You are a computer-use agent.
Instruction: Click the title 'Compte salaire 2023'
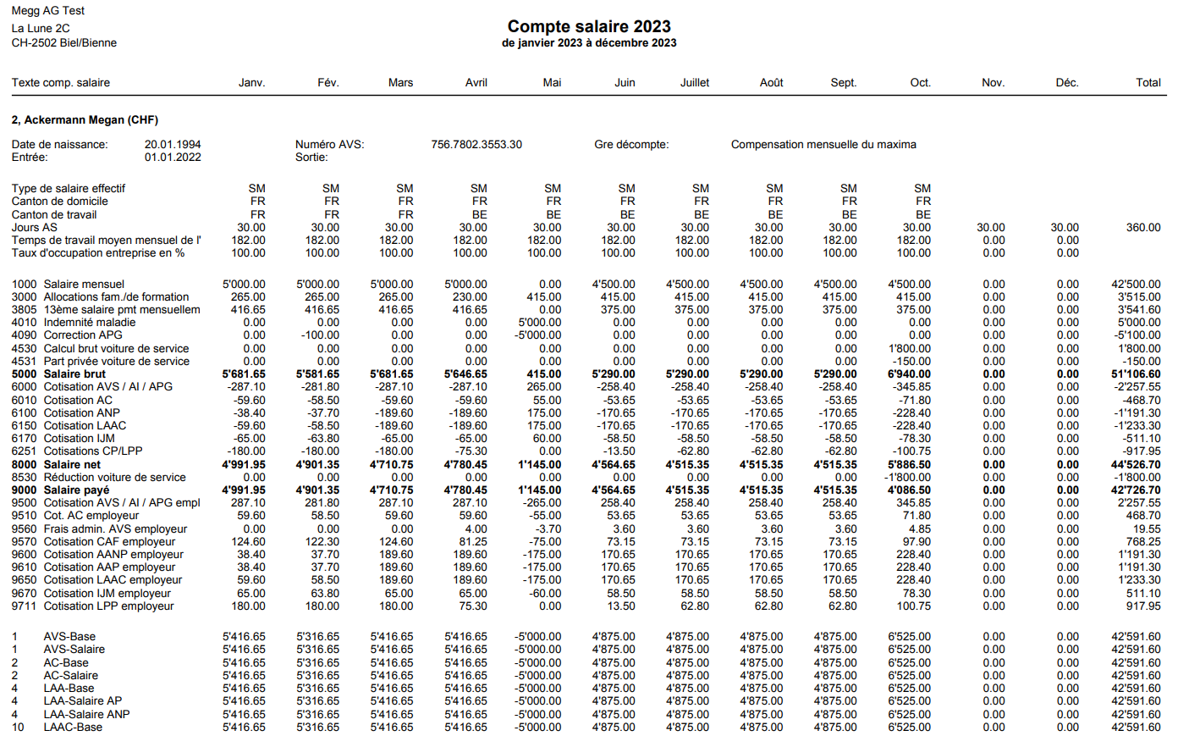click(589, 26)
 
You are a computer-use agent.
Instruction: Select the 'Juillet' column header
click(695, 83)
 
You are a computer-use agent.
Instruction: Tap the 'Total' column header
click(1148, 83)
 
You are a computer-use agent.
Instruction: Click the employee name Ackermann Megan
click(85, 120)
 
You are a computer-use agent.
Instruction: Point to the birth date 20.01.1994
click(173, 145)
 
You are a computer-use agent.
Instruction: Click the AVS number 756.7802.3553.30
click(476, 145)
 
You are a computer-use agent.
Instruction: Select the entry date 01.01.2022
click(173, 158)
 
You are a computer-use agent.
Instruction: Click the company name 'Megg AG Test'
click(48, 11)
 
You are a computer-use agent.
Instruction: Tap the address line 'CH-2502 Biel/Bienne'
click(64, 43)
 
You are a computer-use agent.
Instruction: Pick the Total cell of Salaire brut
click(1136, 374)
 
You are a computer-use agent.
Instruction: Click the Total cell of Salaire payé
click(1136, 490)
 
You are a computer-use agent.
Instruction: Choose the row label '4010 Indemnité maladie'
click(74, 323)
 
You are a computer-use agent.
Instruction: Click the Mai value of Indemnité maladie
click(540, 323)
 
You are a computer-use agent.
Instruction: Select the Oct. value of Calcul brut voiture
click(910, 349)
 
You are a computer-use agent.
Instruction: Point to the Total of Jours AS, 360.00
click(1143, 228)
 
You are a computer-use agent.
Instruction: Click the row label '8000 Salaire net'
click(57, 465)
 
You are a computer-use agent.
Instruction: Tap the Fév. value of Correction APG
click(322, 335)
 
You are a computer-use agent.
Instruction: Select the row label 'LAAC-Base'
click(73, 728)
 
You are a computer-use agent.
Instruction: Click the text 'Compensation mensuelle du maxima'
click(823, 145)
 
